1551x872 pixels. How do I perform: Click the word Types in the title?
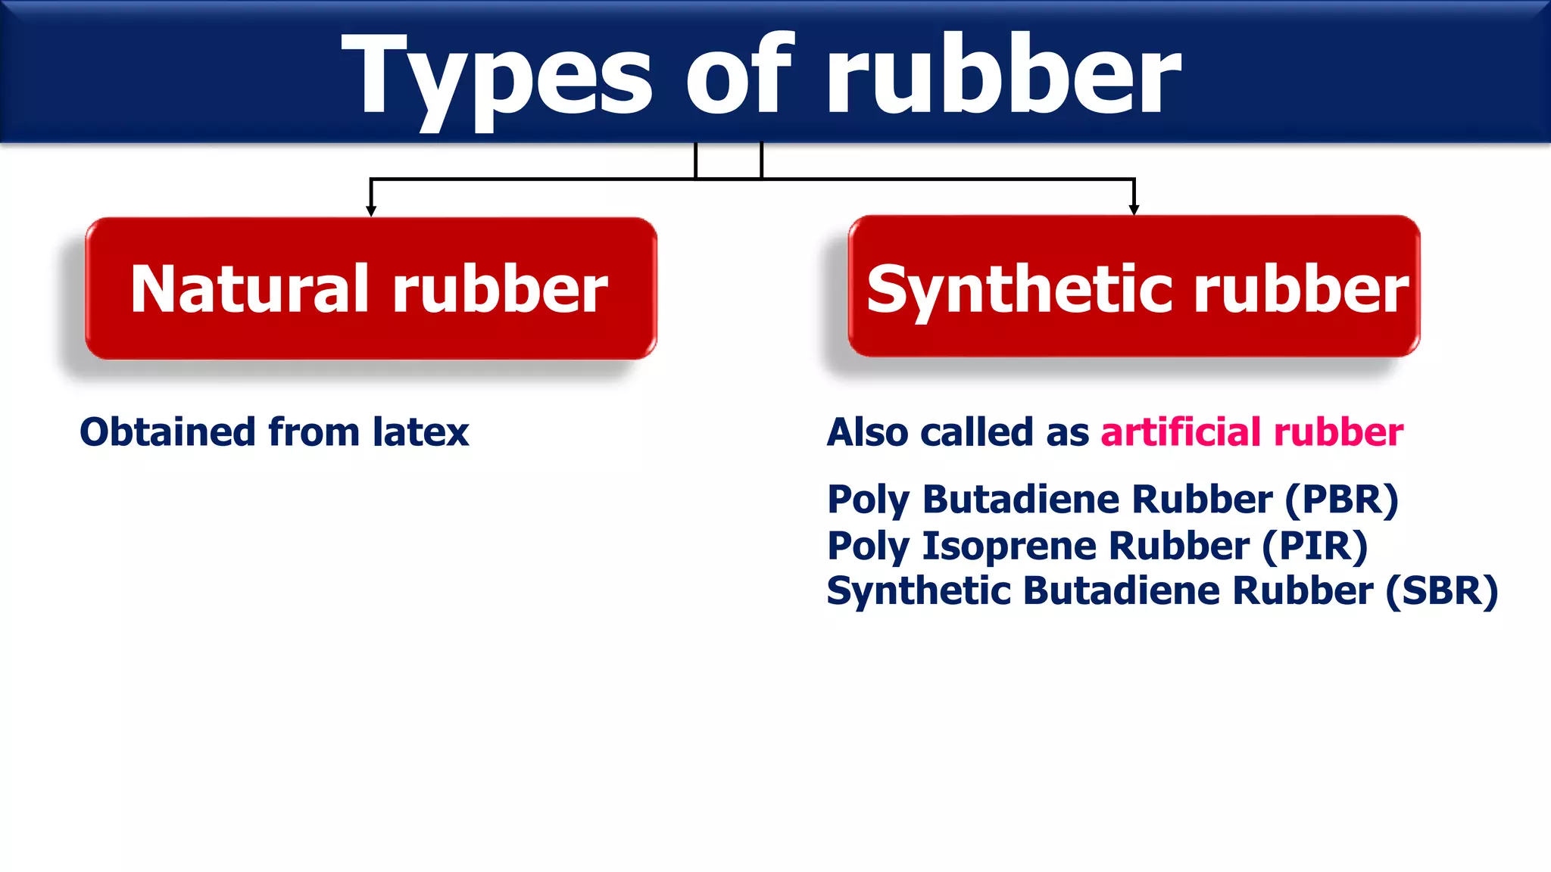496,76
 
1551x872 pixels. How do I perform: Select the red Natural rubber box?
370,288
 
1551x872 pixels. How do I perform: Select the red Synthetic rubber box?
1134,286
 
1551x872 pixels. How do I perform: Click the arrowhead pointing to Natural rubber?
371,210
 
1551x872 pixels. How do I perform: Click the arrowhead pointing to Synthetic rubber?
1134,209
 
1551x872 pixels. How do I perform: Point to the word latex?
420,432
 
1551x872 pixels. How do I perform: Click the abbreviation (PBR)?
1341,500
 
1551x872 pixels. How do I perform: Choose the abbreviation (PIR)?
1315,547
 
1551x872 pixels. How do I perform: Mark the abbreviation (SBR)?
1442,591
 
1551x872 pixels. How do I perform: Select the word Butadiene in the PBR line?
1022,500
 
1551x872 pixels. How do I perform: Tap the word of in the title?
739,76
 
